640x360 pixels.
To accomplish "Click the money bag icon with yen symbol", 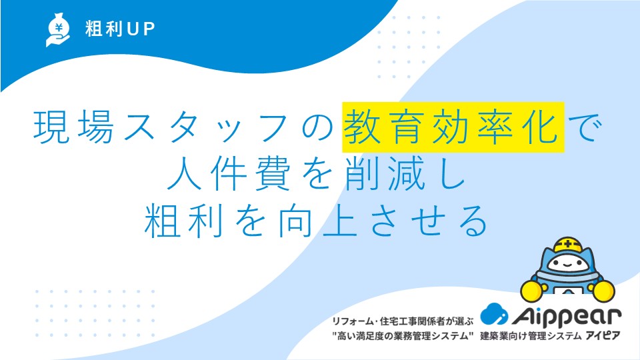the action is click(58, 29).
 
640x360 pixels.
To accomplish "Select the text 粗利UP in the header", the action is click(120, 29).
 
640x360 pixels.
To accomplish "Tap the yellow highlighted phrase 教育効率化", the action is click(453, 127).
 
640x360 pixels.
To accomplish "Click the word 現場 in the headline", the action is click(74, 127).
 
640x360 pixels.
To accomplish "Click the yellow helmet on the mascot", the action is click(567, 245).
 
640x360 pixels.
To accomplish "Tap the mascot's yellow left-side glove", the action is click(532, 291).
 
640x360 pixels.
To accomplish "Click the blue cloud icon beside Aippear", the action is click(494, 314).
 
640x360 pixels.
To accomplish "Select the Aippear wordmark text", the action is click(567, 317).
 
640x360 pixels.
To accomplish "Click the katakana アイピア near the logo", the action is click(603, 335).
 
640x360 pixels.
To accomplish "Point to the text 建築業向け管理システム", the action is click(531, 336).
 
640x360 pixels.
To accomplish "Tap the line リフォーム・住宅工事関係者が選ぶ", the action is click(403, 321).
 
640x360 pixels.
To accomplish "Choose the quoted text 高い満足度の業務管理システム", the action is click(403, 336).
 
